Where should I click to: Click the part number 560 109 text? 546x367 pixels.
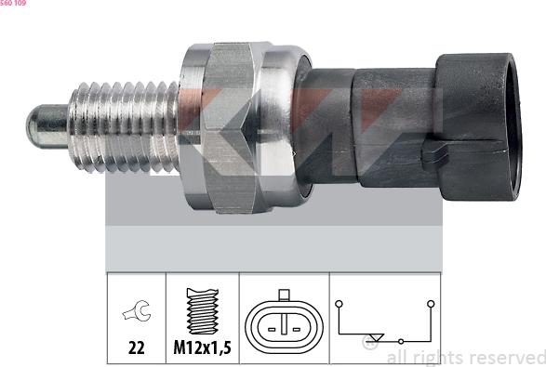(13, 3)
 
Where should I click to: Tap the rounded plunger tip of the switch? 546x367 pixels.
(47, 126)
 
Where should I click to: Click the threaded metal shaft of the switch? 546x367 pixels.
(124, 127)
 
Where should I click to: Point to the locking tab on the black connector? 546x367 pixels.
(433, 154)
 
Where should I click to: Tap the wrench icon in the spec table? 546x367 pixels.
(137, 310)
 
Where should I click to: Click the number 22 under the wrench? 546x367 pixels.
(136, 347)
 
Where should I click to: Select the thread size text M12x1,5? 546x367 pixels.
(203, 347)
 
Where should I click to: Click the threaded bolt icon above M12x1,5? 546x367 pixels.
(203, 310)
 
